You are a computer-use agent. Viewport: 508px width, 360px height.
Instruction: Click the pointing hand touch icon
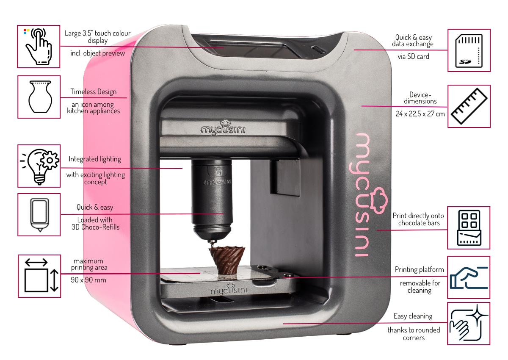(x=39, y=47)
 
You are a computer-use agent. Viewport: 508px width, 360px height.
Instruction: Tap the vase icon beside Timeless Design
(x=40, y=97)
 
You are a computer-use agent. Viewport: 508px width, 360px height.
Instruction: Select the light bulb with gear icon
(x=40, y=166)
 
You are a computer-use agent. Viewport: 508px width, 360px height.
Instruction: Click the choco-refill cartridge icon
(x=40, y=215)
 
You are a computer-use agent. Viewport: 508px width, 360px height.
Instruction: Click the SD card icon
(x=469, y=50)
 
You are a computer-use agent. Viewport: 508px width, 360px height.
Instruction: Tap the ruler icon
(x=469, y=106)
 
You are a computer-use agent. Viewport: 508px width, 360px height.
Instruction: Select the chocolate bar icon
(x=469, y=228)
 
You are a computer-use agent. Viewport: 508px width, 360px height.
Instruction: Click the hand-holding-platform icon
(x=469, y=278)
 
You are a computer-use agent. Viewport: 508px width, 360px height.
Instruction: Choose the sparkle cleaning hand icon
(x=469, y=323)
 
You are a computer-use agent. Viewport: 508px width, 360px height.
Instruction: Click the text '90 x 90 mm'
(x=88, y=280)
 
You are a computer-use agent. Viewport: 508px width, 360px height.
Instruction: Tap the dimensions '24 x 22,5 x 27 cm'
(x=420, y=114)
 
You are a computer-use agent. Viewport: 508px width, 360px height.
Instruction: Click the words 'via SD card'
(x=413, y=56)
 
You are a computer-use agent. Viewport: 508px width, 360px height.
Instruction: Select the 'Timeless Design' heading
(x=93, y=91)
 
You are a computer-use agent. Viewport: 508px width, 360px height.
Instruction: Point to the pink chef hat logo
(x=378, y=200)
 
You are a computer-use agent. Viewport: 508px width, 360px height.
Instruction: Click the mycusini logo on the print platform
(x=229, y=289)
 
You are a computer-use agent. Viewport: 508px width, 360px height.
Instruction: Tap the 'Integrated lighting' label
(x=94, y=159)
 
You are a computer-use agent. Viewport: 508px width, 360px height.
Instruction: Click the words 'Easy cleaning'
(x=413, y=316)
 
